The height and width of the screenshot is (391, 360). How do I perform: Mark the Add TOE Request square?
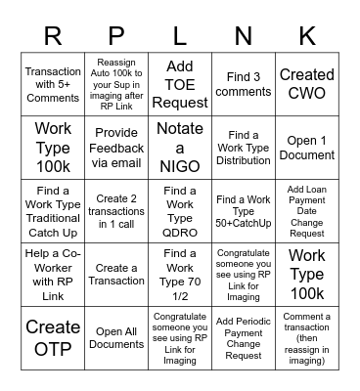[180, 84]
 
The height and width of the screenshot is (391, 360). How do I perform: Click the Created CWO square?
[306, 84]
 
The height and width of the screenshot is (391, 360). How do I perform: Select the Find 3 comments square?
[244, 84]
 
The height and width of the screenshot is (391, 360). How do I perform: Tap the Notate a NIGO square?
[180, 147]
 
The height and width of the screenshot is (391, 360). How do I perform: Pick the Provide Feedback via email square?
[116, 147]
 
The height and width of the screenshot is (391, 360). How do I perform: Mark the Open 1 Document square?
[306, 147]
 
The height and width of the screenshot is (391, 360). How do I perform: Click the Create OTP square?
[53, 335]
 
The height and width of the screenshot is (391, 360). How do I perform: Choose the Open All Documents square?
[116, 335]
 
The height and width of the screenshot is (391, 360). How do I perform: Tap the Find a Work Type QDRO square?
[180, 209]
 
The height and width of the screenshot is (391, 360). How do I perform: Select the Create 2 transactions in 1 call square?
[116, 209]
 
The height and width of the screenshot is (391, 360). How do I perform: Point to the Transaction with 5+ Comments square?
[53, 84]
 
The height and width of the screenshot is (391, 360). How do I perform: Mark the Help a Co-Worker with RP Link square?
[53, 273]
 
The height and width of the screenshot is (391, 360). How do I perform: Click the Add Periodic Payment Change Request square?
[244, 335]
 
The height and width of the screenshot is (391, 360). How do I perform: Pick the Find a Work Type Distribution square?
[244, 147]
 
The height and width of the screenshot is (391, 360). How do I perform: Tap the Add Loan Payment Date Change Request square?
[306, 209]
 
